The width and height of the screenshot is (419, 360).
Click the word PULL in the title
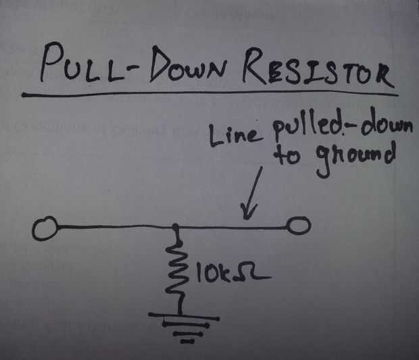click(78, 66)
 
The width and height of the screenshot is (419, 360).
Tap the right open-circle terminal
click(298, 226)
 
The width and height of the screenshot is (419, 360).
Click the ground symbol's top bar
click(183, 317)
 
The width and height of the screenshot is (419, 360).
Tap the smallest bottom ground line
click(186, 340)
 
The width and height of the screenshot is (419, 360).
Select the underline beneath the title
click(209, 93)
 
